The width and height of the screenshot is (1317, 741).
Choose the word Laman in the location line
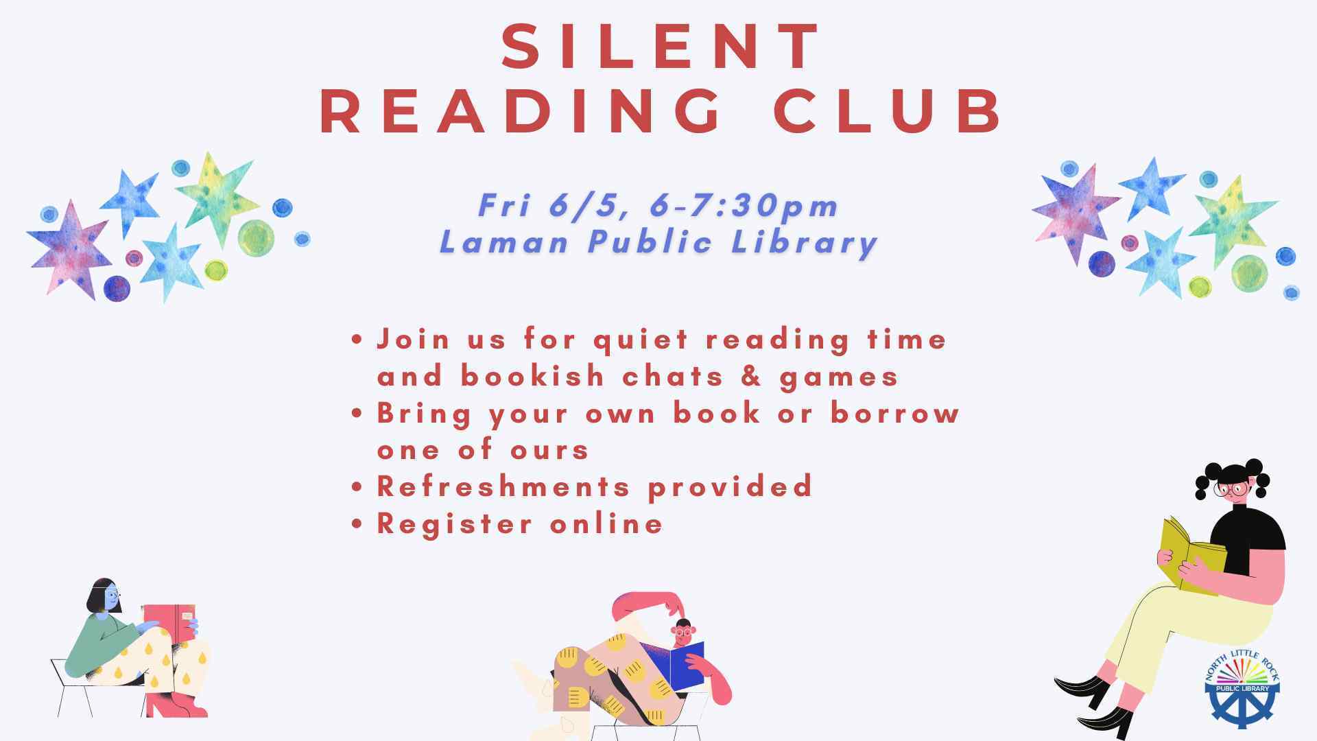point(504,242)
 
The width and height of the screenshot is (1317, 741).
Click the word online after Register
point(606,524)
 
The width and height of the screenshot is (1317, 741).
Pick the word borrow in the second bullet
point(894,413)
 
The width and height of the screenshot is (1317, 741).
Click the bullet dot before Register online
point(356,524)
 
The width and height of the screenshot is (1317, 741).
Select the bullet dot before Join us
point(356,340)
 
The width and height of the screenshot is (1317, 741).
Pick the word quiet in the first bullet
point(641,340)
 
